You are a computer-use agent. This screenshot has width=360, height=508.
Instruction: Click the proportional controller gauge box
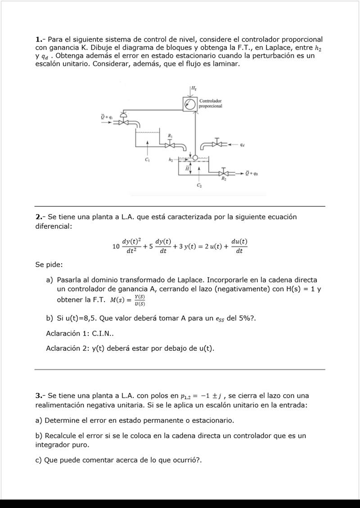pos(190,104)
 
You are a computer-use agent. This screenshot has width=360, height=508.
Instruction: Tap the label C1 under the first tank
pos(147,160)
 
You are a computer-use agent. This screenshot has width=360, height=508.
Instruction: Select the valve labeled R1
pos(170,144)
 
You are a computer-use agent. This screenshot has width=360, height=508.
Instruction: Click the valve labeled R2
pos(224,173)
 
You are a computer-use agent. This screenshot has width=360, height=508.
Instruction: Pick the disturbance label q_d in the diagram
pos(243,145)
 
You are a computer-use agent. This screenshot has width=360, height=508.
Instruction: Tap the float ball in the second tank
pos(195,158)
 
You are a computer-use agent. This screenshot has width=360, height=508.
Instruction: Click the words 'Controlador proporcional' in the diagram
pos(210,104)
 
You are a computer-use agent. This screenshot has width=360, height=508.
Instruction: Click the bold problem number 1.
pos(39,40)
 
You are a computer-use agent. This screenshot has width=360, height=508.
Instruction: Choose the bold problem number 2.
pos(39,217)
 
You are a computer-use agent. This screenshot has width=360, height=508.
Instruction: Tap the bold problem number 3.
pos(39,396)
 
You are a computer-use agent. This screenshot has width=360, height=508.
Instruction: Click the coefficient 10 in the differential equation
pos(116,247)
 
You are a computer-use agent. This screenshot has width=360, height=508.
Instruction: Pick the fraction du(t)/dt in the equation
pos(239,246)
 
